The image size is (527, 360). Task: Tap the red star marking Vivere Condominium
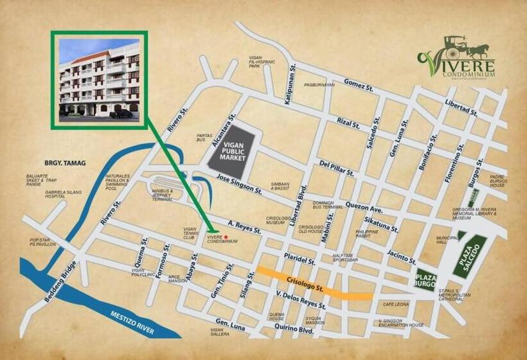[226, 236]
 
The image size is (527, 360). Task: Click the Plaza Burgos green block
[425, 280]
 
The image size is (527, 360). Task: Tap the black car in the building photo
[120, 114]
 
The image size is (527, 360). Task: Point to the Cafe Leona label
[396, 304]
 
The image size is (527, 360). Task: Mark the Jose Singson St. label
[238, 185]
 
